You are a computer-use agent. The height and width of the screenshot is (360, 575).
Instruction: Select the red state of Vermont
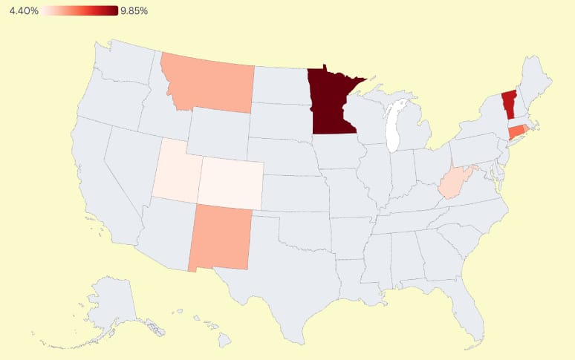pos(508,103)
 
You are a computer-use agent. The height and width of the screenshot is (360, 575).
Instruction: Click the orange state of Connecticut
pos(516,132)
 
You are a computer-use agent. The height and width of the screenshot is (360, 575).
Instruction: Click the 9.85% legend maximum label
pos(134,11)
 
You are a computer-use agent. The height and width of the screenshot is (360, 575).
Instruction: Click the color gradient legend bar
pos(79,11)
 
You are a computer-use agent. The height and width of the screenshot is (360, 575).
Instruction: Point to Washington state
pos(123,63)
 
